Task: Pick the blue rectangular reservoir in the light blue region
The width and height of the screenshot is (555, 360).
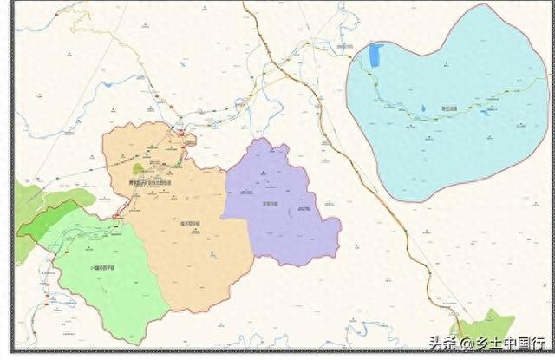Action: click(375, 56)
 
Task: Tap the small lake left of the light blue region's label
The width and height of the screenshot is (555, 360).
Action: click(423, 108)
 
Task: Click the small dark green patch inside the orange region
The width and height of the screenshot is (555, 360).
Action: click(138, 168)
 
